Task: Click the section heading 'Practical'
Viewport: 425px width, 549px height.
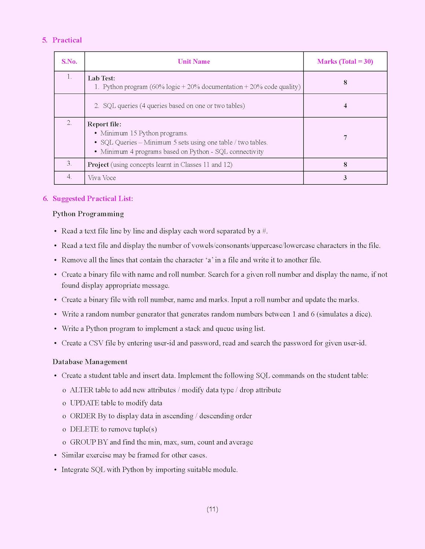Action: (67, 40)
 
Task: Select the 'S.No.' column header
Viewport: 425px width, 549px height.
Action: (69, 61)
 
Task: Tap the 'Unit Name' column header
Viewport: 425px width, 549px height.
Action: (194, 61)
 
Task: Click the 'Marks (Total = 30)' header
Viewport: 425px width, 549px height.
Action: (345, 61)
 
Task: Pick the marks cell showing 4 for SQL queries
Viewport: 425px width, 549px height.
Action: (345, 106)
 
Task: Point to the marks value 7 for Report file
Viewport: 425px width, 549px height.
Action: (345, 138)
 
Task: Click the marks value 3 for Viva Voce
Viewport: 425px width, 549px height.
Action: (345, 178)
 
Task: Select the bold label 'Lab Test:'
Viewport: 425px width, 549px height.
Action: (101, 78)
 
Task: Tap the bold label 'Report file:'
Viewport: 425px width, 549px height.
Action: (104, 124)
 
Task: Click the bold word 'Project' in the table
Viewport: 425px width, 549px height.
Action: (98, 165)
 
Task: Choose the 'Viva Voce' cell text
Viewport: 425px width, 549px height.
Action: (102, 178)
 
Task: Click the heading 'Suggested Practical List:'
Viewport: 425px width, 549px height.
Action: (93, 199)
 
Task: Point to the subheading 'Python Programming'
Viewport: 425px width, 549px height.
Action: (88, 214)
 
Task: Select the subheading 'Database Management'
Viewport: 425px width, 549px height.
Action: (90, 362)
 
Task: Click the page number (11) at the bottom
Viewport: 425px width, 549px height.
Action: (212, 509)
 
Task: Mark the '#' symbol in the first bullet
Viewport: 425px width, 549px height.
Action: (264, 231)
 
